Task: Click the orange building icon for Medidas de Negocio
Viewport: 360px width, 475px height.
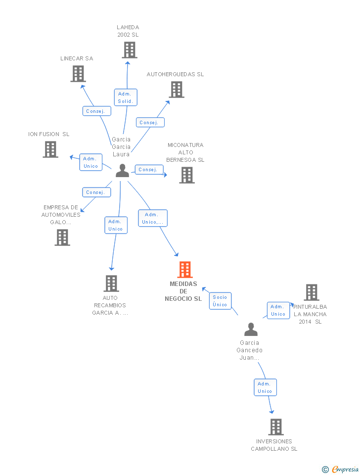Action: click(185, 269)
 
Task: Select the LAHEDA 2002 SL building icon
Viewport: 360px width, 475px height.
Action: click(130, 50)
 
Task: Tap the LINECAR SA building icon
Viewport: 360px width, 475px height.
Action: click(78, 74)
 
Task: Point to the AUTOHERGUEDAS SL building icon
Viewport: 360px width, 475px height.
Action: click(177, 90)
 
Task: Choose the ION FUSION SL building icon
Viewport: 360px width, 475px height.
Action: click(50, 149)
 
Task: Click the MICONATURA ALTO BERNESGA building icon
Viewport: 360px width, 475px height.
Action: click(187, 175)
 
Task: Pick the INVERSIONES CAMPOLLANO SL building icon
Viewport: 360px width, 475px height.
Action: click(276, 427)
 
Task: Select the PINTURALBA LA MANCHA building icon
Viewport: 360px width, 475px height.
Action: click(312, 292)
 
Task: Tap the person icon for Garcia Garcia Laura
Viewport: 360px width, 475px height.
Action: click(122, 170)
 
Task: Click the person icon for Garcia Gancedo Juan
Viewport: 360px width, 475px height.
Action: click(251, 330)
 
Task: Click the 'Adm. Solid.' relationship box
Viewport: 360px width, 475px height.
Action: click(126, 97)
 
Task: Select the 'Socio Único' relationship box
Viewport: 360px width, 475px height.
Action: click(220, 301)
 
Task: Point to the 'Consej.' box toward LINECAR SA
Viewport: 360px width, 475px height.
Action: click(97, 111)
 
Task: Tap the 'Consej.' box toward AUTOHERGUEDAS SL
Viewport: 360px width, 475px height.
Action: click(150, 122)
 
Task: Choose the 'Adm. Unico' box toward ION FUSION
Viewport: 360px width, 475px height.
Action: click(91, 162)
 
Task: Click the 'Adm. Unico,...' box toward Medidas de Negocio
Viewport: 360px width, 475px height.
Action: click(153, 218)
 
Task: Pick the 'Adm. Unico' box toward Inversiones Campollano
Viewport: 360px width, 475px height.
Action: click(265, 387)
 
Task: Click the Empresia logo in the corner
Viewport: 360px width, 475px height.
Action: click(340, 469)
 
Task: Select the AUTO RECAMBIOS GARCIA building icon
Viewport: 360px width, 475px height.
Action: click(111, 283)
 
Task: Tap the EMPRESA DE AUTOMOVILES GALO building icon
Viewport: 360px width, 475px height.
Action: click(62, 237)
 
